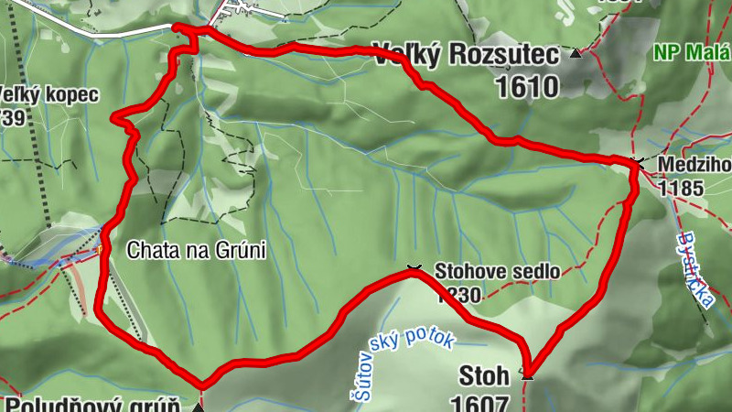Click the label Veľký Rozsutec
pos(465,57)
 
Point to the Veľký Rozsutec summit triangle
pos(576,53)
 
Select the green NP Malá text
pos(692,52)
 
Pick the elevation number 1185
pos(679,190)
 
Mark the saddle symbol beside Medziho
pos(637,163)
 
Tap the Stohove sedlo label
pos(496,272)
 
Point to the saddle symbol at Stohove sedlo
pos(414,269)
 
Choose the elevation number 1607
pos(479,403)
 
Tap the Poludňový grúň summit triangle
pos(198,407)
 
